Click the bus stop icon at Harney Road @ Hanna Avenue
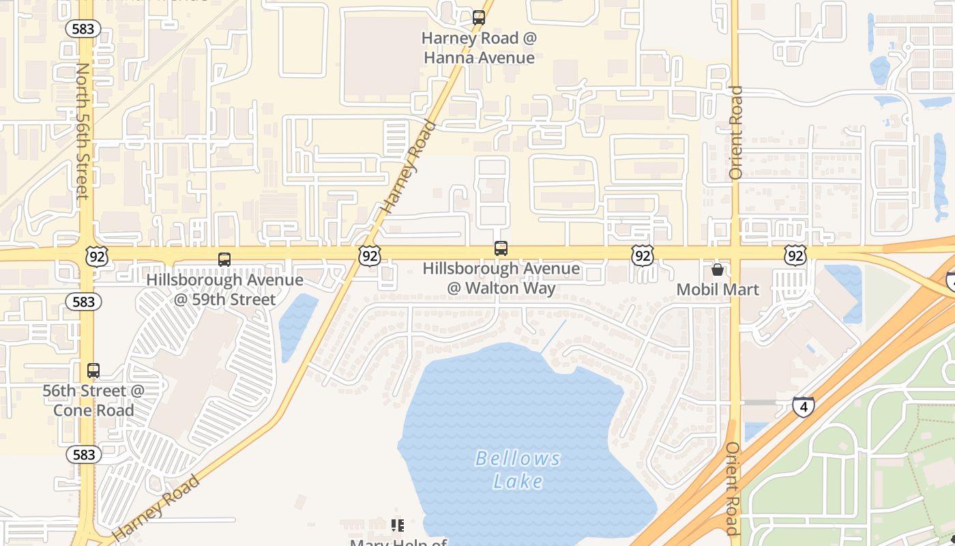[x=479, y=18]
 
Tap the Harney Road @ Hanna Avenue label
[x=479, y=48]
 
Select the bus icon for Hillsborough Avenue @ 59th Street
[x=224, y=260]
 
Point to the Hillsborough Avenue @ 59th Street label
[x=225, y=289]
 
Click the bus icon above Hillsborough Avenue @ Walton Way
[x=501, y=248]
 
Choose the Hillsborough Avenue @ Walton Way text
[x=501, y=278]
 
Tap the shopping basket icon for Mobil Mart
[x=718, y=270]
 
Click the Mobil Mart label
[x=718, y=290]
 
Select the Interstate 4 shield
[x=804, y=407]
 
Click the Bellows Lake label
[x=518, y=470]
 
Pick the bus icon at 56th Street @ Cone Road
[x=93, y=371]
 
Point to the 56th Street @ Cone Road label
[x=93, y=401]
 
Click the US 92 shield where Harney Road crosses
[x=369, y=256]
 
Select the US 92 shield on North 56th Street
[x=96, y=257]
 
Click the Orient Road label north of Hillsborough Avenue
[x=735, y=132]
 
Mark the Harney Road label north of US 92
[x=409, y=167]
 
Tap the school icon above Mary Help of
[x=398, y=525]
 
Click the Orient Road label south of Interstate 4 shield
[x=732, y=489]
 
